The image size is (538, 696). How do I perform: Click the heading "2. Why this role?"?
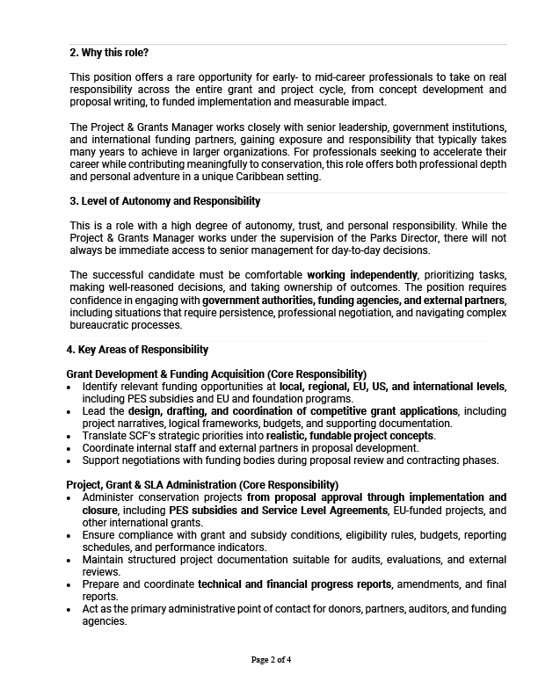pyautogui.click(x=110, y=53)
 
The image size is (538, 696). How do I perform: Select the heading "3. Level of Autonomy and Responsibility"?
pyautogui.click(x=165, y=201)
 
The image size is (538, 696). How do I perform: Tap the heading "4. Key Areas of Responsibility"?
pyautogui.click(x=137, y=350)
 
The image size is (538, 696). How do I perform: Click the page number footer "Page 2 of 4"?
pyautogui.click(x=270, y=659)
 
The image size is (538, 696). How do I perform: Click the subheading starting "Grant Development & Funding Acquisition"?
pyautogui.click(x=216, y=374)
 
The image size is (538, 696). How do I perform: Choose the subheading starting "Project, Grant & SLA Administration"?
pyautogui.click(x=202, y=485)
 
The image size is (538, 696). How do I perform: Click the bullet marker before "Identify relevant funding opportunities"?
pyautogui.click(x=70, y=387)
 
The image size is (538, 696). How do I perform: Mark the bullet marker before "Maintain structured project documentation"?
pyautogui.click(x=70, y=559)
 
